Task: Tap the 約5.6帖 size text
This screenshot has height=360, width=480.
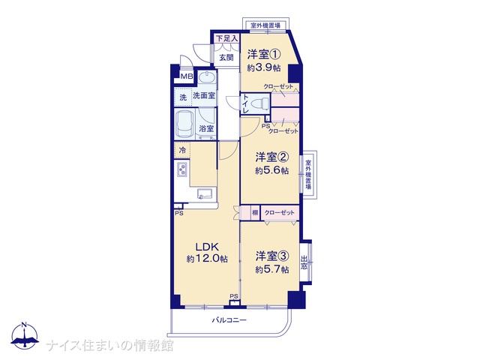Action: point(271,170)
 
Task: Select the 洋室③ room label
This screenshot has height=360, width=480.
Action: point(272,256)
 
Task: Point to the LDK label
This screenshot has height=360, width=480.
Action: point(207,247)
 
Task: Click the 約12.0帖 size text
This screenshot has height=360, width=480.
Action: point(207,259)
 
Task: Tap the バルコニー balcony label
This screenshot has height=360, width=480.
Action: point(229,320)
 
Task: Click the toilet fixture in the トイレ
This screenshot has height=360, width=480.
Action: point(259,103)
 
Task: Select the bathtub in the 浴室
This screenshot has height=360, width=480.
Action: point(185,124)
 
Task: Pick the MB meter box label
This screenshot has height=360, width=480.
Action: point(187,76)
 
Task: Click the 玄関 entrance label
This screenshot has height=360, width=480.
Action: point(226,57)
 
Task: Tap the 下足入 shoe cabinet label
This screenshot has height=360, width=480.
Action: point(226,38)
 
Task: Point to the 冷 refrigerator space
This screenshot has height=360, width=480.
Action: point(182,150)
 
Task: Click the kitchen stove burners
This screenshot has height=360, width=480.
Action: point(181,169)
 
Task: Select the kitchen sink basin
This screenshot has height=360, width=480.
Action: point(205,193)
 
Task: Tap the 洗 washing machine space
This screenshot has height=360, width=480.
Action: point(183,97)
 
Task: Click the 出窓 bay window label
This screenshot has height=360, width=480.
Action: point(304,262)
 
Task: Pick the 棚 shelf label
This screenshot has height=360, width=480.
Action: point(255,212)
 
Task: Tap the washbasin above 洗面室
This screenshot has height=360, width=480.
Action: point(207,76)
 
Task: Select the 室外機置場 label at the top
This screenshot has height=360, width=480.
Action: point(265,25)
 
